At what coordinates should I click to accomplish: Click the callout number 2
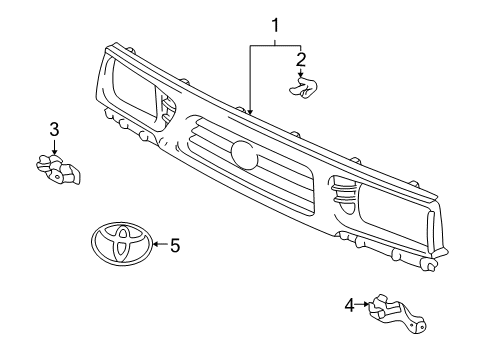tap(300, 61)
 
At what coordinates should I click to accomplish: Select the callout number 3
tap(54, 129)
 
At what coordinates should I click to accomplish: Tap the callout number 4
tap(348, 305)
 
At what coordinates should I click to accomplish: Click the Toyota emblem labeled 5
tap(119, 244)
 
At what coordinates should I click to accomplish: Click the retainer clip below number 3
tap(58, 172)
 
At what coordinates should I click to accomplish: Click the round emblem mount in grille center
tap(242, 153)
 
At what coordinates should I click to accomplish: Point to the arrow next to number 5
tap(158, 244)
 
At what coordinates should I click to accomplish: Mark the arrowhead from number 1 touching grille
tap(250, 111)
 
